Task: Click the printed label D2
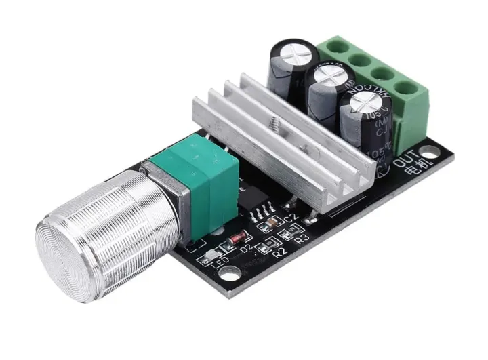[247, 249]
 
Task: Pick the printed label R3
[302, 239]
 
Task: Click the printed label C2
[291, 218]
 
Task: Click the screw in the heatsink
[278, 124]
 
